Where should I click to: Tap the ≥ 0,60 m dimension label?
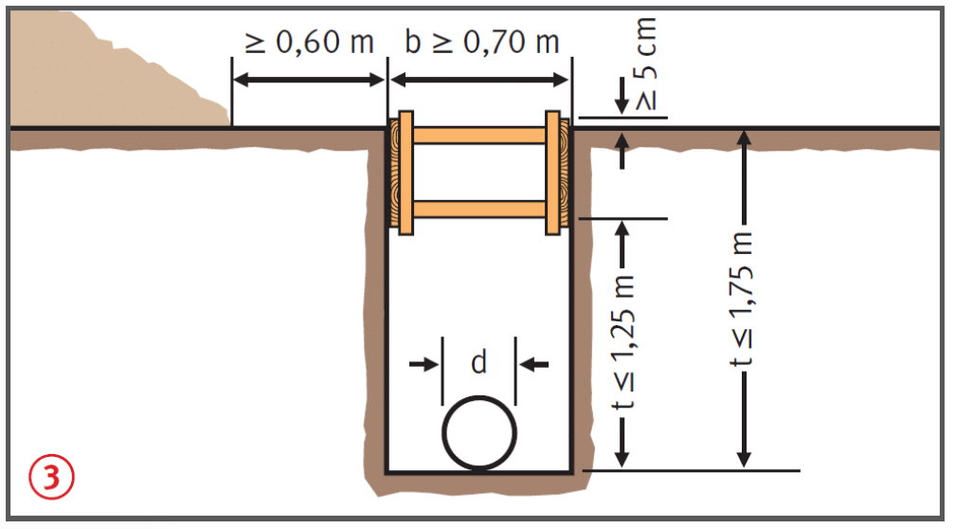click(x=310, y=42)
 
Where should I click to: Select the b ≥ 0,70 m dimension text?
click(x=481, y=42)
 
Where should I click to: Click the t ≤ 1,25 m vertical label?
click(x=622, y=342)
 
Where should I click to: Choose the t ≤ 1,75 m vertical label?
click(x=743, y=300)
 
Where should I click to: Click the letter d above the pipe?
click(x=479, y=362)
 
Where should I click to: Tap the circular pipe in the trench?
click(x=479, y=433)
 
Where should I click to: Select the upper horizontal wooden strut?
click(x=479, y=136)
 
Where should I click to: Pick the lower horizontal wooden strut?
click(x=479, y=210)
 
